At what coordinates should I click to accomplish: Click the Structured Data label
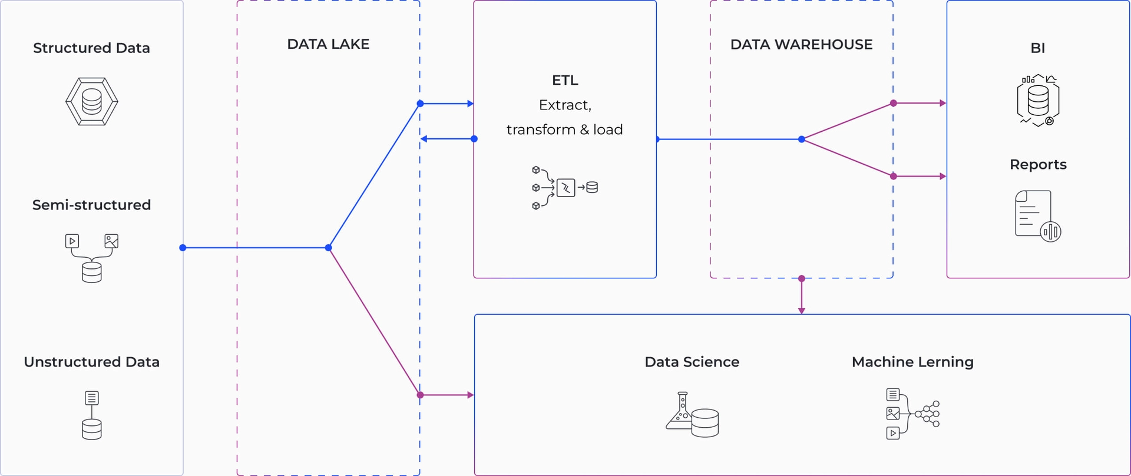pos(91,48)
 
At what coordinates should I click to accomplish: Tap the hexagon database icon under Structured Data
pos(91,101)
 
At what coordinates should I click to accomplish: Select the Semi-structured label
pos(91,205)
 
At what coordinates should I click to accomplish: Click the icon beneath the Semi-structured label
pos(91,258)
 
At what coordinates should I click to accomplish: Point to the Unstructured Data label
pos(91,362)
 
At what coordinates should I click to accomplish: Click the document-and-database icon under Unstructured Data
pos(91,415)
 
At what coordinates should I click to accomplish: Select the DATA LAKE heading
pos(328,44)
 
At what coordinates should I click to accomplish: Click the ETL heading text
pos(565,80)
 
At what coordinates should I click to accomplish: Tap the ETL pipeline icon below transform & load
pos(564,188)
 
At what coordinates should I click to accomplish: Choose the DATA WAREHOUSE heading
pos(801,44)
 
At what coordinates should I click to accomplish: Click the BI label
pos(1037,48)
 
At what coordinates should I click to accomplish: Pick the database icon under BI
pos(1037,101)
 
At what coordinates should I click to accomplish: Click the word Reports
pos(1038,164)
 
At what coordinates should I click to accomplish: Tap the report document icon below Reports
pos(1037,216)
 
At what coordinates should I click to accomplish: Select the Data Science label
pos(692,362)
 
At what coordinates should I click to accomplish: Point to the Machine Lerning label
pos(912,362)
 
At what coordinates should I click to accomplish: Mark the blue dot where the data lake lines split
pos(329,248)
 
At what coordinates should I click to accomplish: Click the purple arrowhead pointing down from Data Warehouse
pos(801,310)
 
